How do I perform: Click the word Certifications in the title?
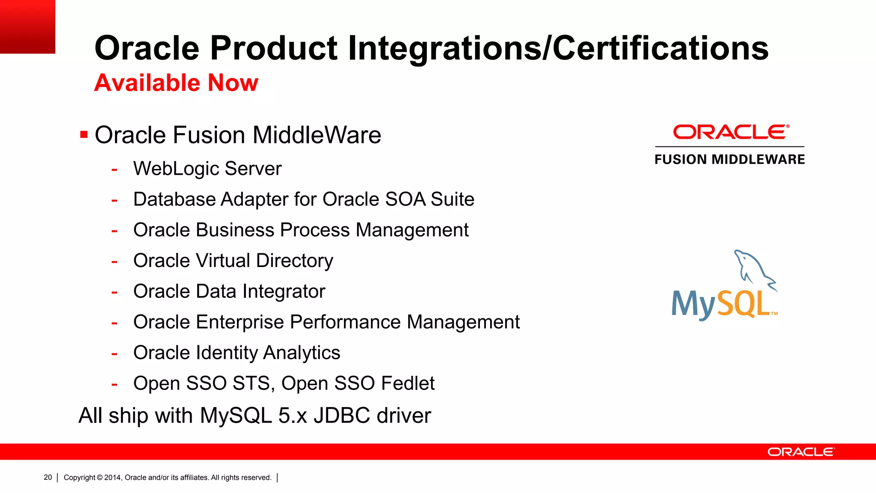pos(660,48)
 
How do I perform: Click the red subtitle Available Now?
pos(176,83)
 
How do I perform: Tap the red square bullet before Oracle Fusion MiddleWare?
pos(84,135)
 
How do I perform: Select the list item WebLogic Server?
pos(207,169)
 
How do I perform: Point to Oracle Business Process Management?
pos(301,230)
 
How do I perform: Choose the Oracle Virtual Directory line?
pos(233,261)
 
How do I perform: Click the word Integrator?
pos(284,291)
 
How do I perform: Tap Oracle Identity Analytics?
pos(237,353)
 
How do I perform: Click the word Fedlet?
pos(408,383)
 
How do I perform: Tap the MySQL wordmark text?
pos(721,304)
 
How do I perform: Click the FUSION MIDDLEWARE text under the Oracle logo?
pos(730,160)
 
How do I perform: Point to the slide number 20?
pos(48,477)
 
